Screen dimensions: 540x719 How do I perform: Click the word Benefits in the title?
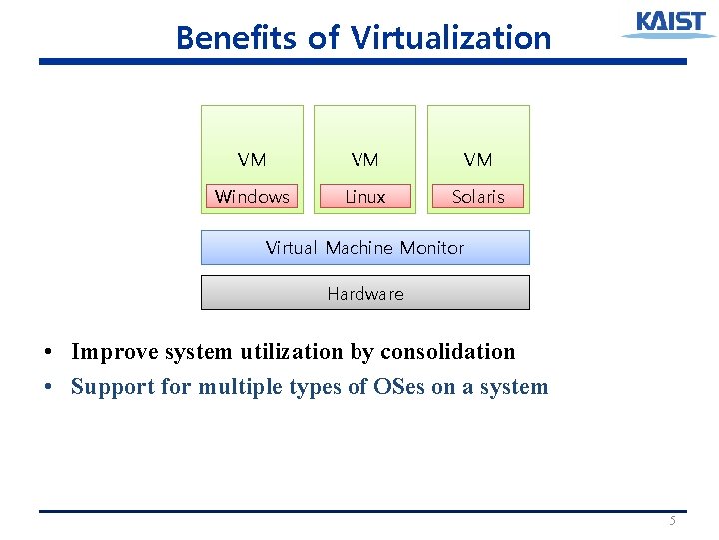click(x=236, y=38)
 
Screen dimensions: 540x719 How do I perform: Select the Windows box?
click(x=252, y=197)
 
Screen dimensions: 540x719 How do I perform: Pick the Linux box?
click(x=364, y=197)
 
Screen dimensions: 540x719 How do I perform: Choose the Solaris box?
click(x=478, y=197)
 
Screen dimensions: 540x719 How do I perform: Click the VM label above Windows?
click(x=252, y=159)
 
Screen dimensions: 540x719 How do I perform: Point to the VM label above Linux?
click(x=364, y=159)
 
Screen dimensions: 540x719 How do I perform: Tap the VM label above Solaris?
click(x=478, y=159)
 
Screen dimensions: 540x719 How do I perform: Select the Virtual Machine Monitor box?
click(x=364, y=248)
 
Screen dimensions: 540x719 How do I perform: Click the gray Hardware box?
click(x=364, y=293)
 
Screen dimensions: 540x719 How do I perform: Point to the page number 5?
click(x=672, y=521)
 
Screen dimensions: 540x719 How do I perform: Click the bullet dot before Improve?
click(x=48, y=353)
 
